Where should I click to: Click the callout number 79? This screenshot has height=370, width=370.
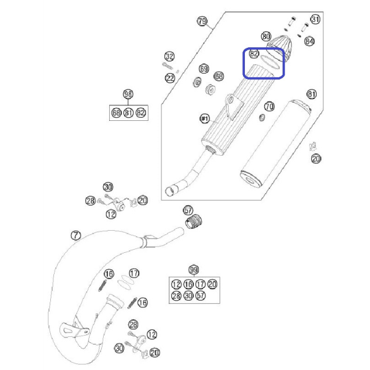tap(202, 21)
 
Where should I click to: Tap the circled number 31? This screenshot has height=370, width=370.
tap(315, 19)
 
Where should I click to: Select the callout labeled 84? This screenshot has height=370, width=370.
tap(309, 42)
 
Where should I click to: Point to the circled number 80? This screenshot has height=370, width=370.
tap(266, 37)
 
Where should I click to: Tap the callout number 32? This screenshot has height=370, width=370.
tap(169, 56)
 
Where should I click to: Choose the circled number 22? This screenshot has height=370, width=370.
tap(170, 78)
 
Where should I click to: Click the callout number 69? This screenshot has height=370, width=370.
tap(204, 69)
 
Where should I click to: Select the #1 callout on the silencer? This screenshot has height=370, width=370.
tap(204, 118)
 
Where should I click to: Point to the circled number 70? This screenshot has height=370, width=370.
tap(269, 106)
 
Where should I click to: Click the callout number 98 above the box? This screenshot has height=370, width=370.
tap(128, 94)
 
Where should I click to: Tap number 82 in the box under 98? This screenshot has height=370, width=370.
tap(141, 113)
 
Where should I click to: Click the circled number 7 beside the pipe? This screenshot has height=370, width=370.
tap(75, 235)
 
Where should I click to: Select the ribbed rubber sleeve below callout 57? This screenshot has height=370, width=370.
tap(193, 222)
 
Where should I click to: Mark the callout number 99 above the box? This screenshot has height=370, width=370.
tap(194, 270)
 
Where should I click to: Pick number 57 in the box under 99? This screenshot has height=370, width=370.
tap(201, 295)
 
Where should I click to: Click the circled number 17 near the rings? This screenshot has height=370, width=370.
tap(134, 273)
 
